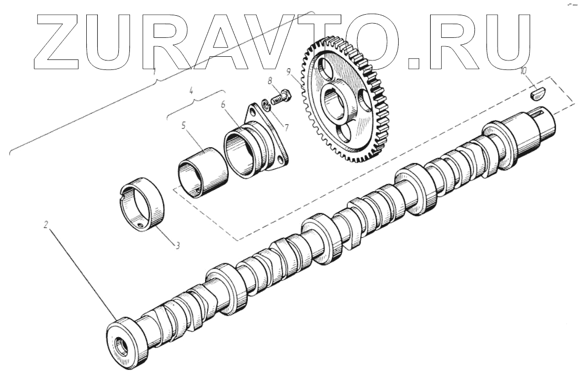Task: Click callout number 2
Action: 46,224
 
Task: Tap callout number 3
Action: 178,245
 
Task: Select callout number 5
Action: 184,126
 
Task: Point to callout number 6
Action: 223,105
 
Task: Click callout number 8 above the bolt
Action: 270,80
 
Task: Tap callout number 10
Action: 523,71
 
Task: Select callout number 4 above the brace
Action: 191,90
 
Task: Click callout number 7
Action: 286,128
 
